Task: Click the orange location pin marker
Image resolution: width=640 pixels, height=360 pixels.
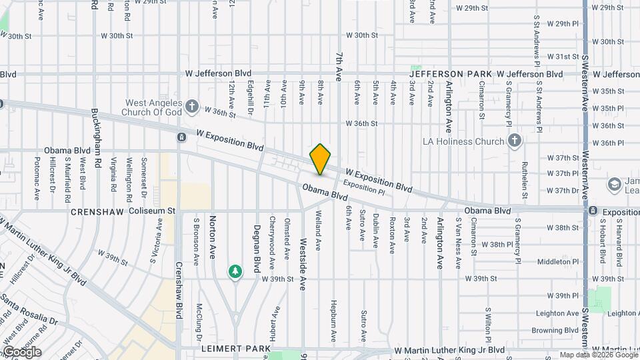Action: coord(320,159)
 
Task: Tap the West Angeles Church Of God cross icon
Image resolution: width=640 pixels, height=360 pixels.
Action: coord(192,106)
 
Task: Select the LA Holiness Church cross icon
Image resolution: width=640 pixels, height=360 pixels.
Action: coord(514,141)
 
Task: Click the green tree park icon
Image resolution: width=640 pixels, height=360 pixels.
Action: coord(235,271)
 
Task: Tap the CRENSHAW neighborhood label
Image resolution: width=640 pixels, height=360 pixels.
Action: coord(98,211)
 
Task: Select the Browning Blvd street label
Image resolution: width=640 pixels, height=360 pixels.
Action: coord(556,330)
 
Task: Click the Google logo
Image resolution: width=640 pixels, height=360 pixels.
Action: coord(22,351)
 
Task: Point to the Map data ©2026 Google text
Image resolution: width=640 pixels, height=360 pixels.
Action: coord(597,355)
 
